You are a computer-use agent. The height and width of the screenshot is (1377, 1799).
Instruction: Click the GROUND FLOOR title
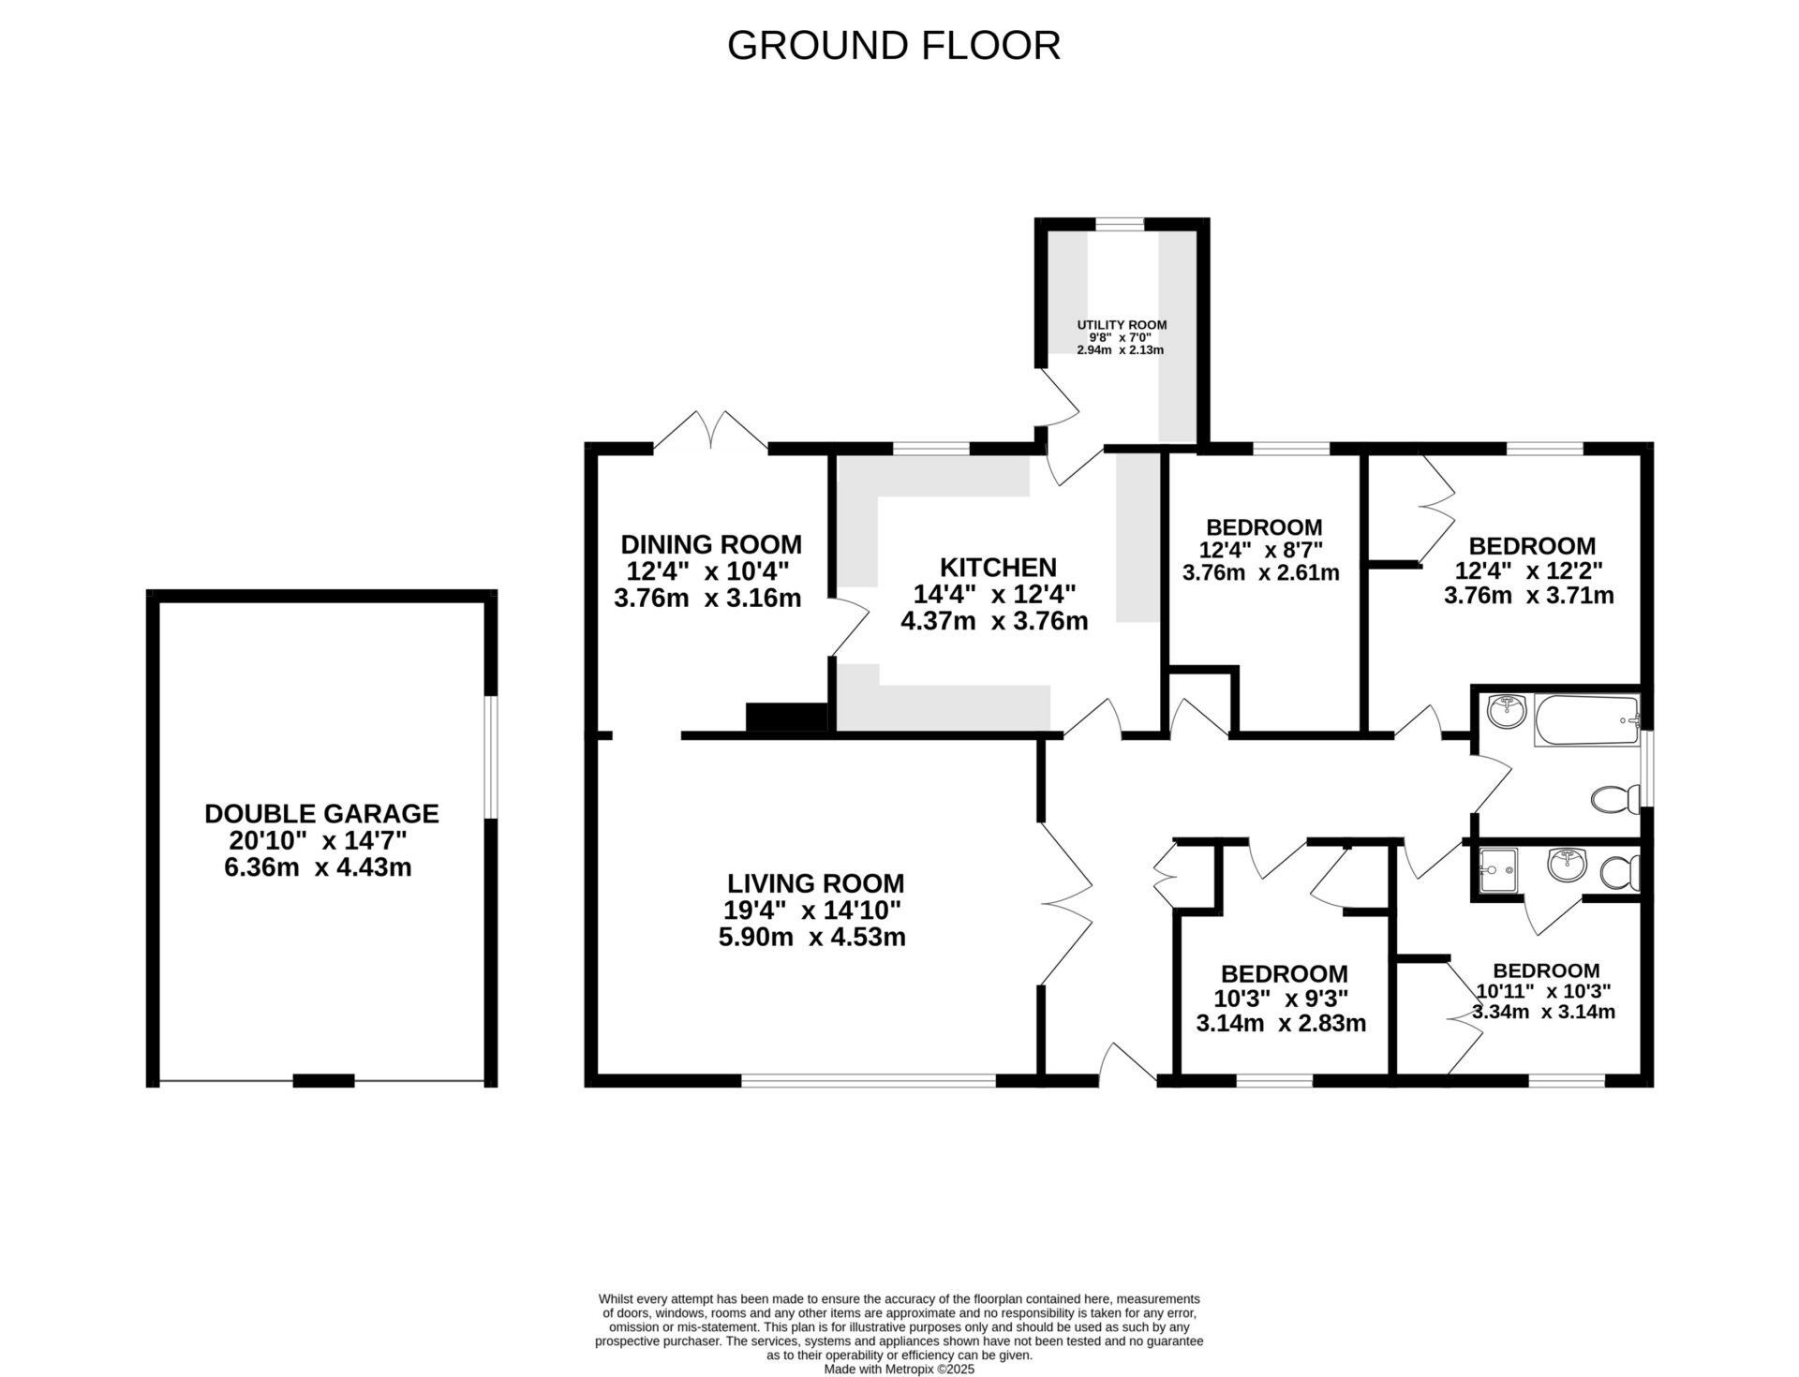click(893, 46)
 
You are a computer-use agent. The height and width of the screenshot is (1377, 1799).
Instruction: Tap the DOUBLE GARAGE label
click(321, 813)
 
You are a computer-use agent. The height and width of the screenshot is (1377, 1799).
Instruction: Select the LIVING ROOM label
click(815, 883)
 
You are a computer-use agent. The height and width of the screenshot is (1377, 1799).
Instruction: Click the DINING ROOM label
click(711, 544)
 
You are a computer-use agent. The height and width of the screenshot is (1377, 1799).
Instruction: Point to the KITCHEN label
click(998, 567)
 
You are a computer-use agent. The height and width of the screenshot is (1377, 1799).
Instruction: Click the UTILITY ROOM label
click(1122, 325)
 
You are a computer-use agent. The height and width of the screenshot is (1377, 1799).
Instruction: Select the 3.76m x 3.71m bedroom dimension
click(1528, 596)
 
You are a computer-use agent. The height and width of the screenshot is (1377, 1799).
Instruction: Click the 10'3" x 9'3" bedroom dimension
click(1283, 999)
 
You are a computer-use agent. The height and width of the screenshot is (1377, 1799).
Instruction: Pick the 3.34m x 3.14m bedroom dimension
click(1543, 1012)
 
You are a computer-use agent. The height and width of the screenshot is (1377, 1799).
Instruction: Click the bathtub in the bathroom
click(1586, 720)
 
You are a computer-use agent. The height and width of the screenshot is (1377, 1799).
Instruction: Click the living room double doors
click(1068, 904)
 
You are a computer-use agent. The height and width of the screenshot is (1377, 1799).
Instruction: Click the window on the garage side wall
click(490, 756)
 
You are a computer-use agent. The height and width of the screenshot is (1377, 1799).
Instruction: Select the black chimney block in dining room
click(786, 717)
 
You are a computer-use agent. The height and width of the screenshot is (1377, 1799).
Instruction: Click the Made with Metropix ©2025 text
click(899, 1369)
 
